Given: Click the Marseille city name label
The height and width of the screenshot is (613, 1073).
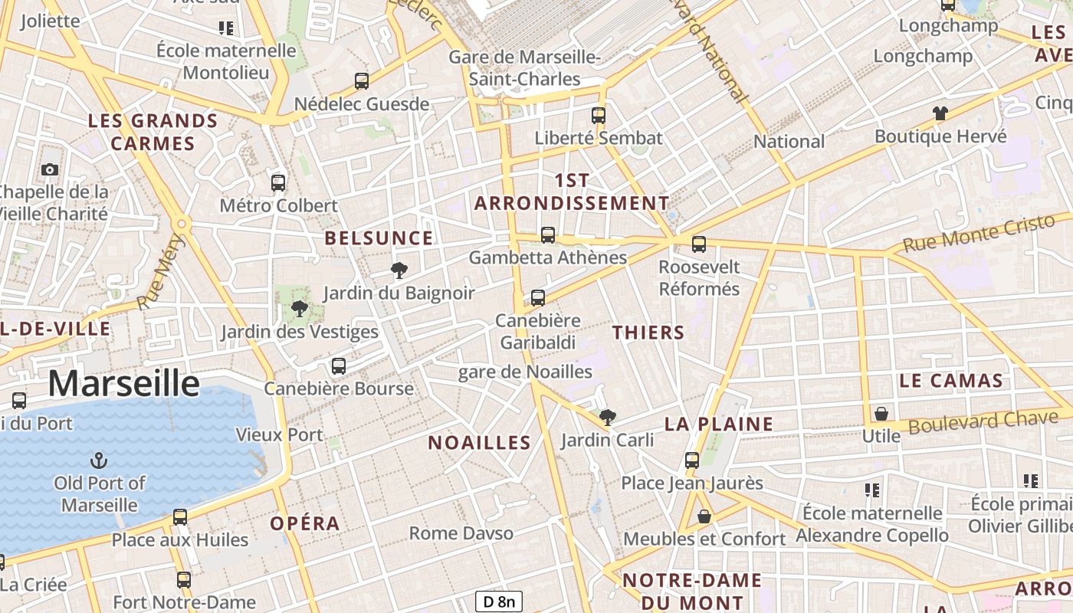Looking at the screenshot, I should coord(123,383).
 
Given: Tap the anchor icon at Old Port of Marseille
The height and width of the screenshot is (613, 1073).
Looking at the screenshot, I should coord(99,461).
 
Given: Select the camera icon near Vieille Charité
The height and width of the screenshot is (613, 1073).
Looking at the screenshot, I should coord(50,169).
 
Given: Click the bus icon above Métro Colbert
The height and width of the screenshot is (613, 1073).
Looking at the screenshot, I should coord(278,183).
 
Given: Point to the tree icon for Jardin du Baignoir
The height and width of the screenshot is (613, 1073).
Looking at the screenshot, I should coord(399,270).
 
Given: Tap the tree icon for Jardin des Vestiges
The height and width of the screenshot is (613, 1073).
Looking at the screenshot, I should coord(299,309).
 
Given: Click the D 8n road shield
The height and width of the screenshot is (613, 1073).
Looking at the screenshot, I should coord(498,602).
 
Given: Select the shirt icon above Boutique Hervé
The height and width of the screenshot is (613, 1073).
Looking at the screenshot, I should coord(940,113).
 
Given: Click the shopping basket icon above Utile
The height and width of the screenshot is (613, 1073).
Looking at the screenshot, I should coord(881,414).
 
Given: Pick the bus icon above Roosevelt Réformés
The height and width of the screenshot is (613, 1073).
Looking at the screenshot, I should coord(698,244).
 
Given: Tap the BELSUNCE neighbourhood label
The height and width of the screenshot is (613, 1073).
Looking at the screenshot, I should coord(379,238).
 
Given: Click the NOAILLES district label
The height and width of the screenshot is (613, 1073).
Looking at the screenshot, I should coord(479,442).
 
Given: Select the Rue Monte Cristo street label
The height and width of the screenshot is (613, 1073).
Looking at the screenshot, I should coord(979,234).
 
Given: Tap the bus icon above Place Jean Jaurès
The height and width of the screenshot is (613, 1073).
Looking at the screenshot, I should coord(692,461).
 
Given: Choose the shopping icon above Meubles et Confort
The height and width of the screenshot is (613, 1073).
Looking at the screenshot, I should coord(704,517).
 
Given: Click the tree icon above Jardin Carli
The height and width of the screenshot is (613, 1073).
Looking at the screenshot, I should coord(608,418).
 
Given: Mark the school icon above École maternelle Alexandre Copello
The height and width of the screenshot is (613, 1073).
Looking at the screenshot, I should coord(871,490).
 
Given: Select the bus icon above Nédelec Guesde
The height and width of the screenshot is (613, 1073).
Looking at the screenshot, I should coord(362,80).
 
